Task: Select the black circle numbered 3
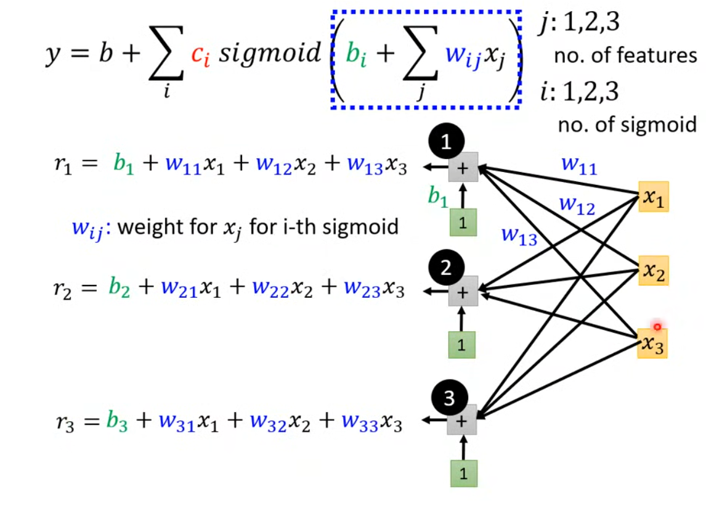point(448,398)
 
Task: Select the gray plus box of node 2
point(463,291)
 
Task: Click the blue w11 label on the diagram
point(579,166)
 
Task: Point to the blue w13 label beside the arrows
point(519,236)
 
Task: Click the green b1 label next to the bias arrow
point(438,197)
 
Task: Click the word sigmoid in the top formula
point(271,55)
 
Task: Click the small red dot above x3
point(657,327)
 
